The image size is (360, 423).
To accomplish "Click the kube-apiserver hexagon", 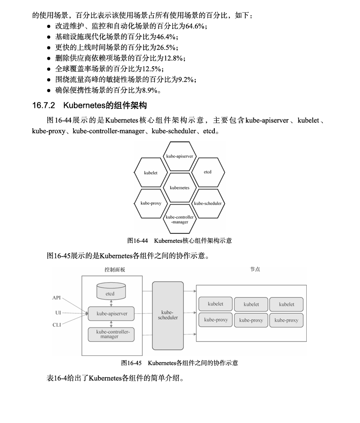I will click(x=180, y=156).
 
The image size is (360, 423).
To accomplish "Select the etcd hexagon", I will click(x=207, y=172).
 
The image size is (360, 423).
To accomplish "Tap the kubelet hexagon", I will click(x=151, y=172).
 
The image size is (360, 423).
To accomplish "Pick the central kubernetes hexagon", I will click(x=180, y=187).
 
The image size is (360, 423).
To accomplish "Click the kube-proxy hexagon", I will click(x=151, y=203).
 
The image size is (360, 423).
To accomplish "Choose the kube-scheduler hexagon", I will click(x=208, y=203).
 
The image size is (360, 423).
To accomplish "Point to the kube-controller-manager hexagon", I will click(x=180, y=219).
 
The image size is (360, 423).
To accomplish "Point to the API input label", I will click(x=57, y=297).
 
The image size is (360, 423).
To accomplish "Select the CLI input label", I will click(x=57, y=325).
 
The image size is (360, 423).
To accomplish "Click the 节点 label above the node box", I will click(x=255, y=269).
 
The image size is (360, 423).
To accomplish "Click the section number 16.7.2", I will click(x=44, y=105).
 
